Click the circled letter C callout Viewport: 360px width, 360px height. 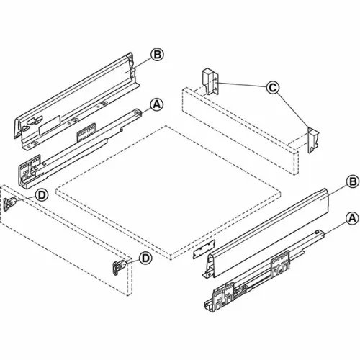coord(271,88)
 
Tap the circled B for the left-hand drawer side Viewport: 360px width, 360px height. coord(156,54)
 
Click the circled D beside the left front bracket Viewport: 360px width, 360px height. coord(42,194)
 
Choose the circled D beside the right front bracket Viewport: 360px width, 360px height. coord(145,258)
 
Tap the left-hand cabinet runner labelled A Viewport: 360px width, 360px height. coord(79,140)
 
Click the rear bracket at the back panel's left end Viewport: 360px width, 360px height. coord(209,81)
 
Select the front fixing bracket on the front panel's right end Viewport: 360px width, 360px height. coord(119,267)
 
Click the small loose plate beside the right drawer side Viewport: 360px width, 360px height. coord(200,253)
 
